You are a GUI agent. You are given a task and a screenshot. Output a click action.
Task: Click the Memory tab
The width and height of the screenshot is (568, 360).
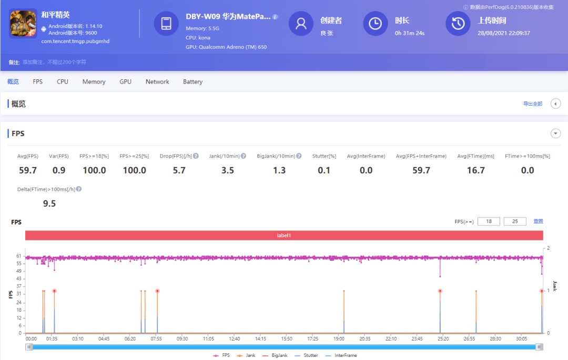[94, 82]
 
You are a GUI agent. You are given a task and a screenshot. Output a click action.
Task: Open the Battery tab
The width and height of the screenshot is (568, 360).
[192, 82]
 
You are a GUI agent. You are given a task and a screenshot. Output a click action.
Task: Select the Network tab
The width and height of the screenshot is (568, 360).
[157, 82]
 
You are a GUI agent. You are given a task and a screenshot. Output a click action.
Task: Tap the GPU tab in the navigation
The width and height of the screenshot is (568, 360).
[125, 82]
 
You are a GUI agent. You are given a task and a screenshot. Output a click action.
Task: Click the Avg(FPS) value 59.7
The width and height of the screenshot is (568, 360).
[28, 170]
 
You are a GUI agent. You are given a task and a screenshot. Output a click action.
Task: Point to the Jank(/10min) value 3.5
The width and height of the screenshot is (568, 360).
[228, 170]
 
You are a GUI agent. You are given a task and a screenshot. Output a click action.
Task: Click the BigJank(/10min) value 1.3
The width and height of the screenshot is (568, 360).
[279, 170]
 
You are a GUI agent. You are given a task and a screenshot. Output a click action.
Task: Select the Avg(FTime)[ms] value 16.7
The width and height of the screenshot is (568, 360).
[475, 170]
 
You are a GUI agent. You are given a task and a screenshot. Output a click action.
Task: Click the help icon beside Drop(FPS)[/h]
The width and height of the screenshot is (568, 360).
[196, 156]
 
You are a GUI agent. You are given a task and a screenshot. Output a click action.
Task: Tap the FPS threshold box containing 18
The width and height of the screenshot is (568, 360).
[489, 221]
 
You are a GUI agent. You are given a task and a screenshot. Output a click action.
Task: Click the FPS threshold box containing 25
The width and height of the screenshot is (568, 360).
[515, 221]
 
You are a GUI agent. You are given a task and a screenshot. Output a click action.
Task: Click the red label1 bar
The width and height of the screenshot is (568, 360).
[284, 235]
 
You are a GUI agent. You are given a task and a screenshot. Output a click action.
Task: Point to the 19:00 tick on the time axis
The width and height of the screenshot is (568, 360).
[339, 339]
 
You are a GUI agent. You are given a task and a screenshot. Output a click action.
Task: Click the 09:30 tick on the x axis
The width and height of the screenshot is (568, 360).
[182, 339]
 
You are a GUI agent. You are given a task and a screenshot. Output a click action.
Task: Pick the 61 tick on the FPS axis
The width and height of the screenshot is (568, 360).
[19, 256]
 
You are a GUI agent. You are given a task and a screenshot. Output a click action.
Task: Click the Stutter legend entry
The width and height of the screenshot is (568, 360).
[307, 356]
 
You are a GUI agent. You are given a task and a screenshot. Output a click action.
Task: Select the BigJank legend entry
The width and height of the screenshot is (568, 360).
[275, 356]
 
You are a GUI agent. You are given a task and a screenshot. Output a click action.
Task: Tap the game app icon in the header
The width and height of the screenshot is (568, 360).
[23, 24]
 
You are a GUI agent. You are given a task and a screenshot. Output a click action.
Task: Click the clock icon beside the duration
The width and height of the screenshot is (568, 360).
[376, 24]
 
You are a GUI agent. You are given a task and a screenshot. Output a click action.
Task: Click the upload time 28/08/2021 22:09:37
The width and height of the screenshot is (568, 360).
[503, 33]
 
